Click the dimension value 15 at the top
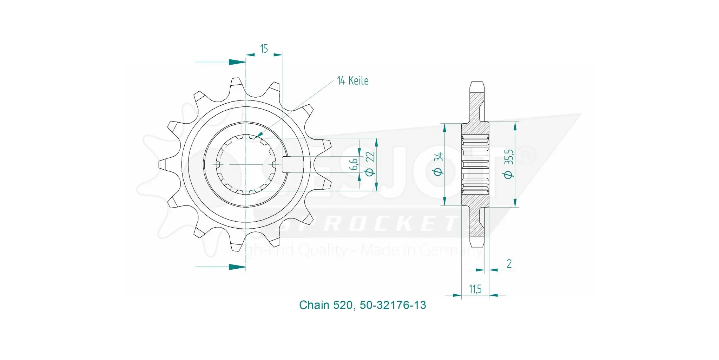pos(264,48)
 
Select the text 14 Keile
pos(352,81)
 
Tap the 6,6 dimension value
pos(354,164)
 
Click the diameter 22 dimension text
pos(370,164)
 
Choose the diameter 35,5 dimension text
pos(509,164)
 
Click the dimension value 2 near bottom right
pos(509,263)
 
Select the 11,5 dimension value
pos(475,289)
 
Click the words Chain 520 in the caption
pos(325,305)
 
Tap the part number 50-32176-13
pos(393,305)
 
